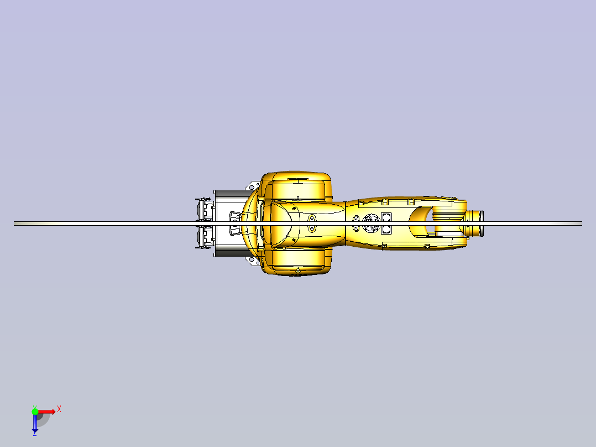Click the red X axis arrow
click(46, 412)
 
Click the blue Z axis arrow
click(35, 423)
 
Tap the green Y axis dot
click(35, 411)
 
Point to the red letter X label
click(59, 409)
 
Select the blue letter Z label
click(34, 434)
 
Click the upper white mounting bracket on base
click(253, 185)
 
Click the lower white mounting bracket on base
click(253, 261)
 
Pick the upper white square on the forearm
click(386, 217)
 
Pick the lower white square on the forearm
click(386, 228)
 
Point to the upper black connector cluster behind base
click(205, 209)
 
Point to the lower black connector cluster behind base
click(205, 237)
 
